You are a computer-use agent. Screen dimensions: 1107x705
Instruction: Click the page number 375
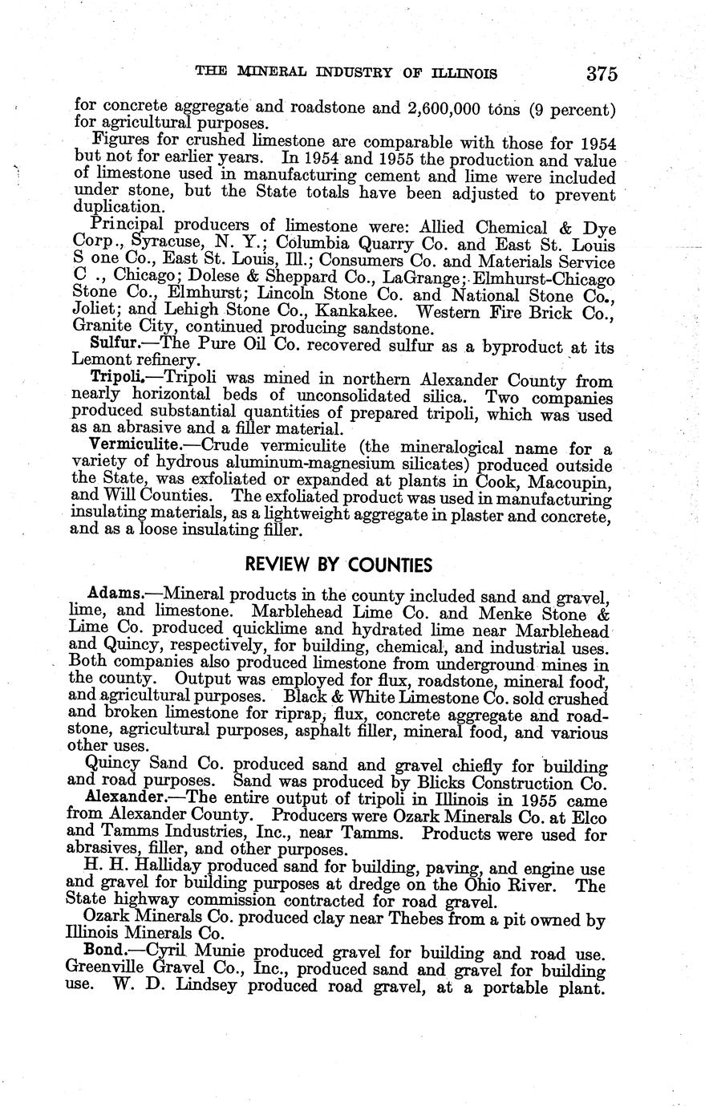601,75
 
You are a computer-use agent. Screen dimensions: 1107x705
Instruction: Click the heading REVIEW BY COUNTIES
338,566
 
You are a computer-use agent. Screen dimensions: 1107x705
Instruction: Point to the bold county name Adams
115,596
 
